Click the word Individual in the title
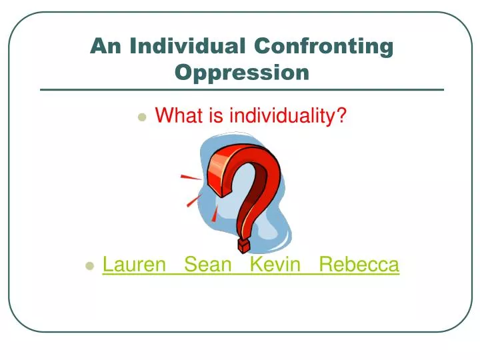click(x=187, y=46)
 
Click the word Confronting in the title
click(x=323, y=46)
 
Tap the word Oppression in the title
click(x=242, y=71)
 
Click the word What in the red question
click(x=178, y=116)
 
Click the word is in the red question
click(x=215, y=116)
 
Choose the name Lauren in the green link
click(x=134, y=265)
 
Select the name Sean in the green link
click(x=207, y=265)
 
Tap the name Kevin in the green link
click(x=273, y=265)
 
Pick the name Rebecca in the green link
click(x=359, y=265)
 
